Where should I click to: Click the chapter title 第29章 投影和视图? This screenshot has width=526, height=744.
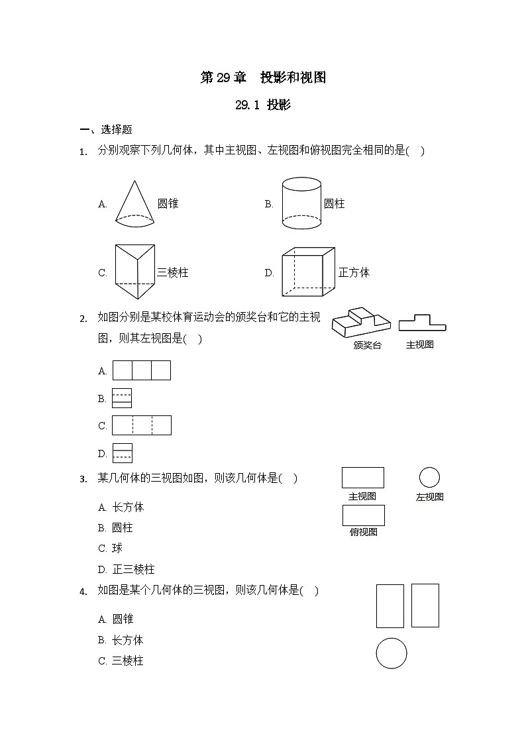point(263,78)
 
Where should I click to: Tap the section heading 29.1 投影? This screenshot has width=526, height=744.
point(263,105)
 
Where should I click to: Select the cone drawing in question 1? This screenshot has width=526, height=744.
point(135,204)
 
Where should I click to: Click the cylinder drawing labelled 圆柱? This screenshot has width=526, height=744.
point(302,203)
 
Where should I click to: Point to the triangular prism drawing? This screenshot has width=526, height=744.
point(134,272)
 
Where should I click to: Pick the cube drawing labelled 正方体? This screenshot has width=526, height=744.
point(307,272)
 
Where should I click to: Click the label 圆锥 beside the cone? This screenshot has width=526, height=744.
point(168,204)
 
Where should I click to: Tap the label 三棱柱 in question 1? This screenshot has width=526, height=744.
point(173,272)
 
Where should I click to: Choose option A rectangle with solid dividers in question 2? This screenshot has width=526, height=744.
point(142,370)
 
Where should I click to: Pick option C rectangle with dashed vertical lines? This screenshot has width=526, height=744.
point(142,425)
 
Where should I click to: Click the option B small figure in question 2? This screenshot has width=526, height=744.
point(122,398)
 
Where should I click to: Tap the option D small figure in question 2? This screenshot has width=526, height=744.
point(123,453)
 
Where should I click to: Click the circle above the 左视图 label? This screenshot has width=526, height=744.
point(429,477)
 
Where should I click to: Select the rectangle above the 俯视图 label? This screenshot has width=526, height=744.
point(363,515)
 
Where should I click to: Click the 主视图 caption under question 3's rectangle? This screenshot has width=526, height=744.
point(362,496)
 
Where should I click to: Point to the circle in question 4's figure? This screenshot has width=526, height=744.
point(391,653)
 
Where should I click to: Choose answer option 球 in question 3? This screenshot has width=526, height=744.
point(117,549)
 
